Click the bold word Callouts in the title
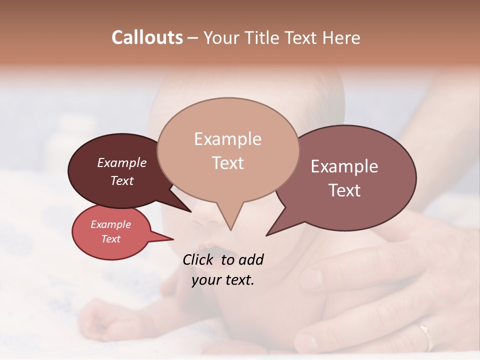coord(147,37)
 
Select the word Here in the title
coord(341,37)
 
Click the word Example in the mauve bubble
coord(344,166)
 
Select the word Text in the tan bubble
coord(228,163)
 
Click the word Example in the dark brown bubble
coord(122,163)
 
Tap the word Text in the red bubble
coord(111,239)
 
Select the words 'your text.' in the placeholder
coord(223,280)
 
